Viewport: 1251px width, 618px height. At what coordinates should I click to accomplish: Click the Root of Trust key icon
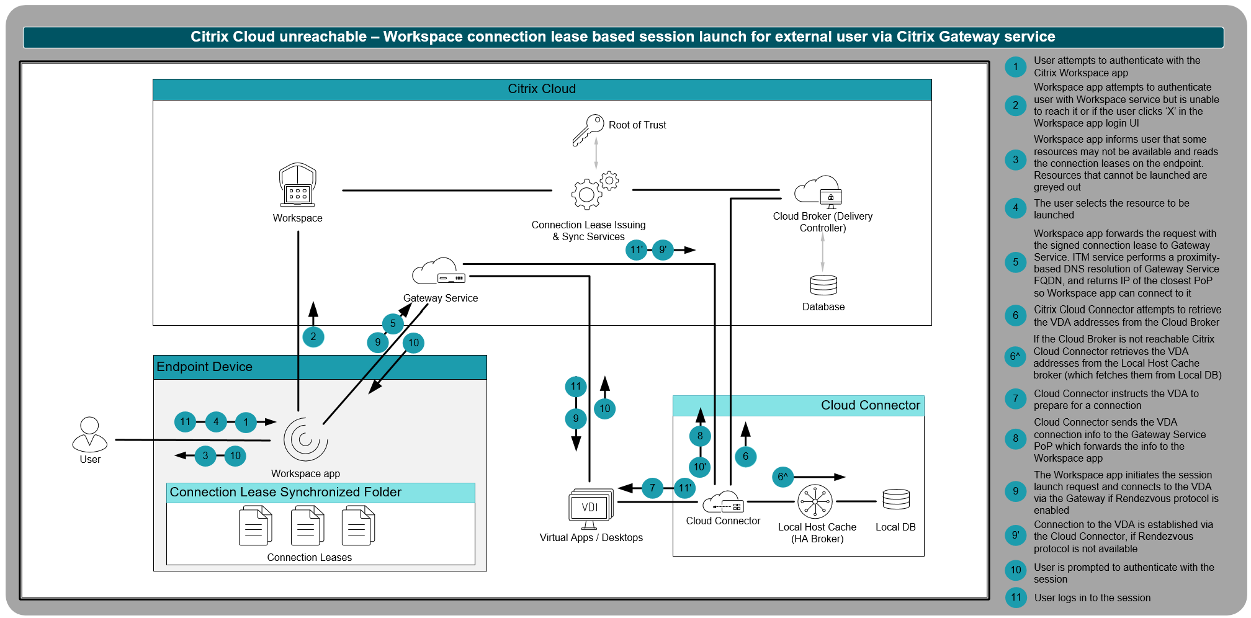tap(588, 129)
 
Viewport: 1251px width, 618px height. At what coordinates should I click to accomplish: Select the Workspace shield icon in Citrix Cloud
tap(298, 185)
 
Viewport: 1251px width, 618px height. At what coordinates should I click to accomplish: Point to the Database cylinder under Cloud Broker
tap(823, 285)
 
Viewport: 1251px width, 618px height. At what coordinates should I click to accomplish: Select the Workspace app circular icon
tap(305, 439)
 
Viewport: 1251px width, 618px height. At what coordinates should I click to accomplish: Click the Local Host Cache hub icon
tap(815, 501)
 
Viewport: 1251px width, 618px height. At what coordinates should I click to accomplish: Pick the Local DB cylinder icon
tap(896, 499)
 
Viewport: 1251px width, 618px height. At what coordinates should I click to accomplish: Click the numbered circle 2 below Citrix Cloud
tap(313, 337)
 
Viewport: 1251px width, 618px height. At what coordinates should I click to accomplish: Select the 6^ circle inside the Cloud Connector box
tap(783, 477)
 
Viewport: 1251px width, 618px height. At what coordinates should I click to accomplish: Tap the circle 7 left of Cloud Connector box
tap(652, 488)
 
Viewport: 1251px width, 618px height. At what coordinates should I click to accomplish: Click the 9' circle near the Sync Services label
tap(663, 250)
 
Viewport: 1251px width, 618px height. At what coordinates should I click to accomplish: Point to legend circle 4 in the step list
tap(1015, 208)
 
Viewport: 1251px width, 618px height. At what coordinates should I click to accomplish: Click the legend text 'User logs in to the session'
tap(1092, 598)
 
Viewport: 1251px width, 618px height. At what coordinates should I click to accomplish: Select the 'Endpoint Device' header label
tap(204, 367)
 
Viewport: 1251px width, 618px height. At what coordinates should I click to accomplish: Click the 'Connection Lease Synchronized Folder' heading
tap(285, 493)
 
